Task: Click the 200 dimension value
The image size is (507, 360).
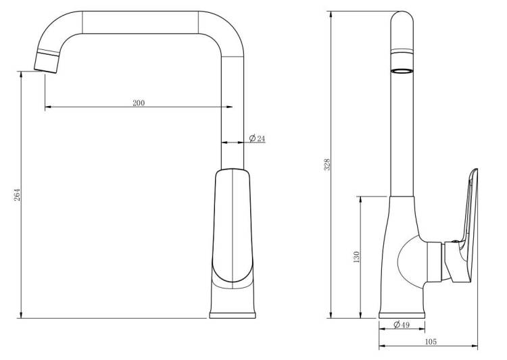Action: pos(139,103)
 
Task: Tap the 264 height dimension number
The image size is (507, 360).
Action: pos(17,195)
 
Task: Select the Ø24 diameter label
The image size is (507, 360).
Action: pos(258,138)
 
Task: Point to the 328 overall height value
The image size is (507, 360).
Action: pos(327,165)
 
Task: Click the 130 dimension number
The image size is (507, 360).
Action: pos(356,257)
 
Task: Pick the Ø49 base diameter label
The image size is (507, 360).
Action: pos(402,324)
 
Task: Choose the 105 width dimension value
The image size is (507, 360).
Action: pos(431,342)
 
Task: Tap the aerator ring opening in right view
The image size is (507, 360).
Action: pos(402,71)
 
